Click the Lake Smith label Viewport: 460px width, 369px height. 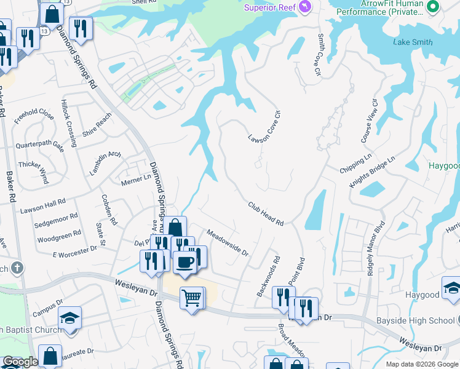(413, 42)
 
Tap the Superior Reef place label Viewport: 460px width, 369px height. (271, 7)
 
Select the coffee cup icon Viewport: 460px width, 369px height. (185, 263)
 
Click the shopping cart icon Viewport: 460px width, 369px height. (192, 298)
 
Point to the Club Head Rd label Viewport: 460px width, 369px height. (266, 213)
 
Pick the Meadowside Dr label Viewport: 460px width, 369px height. (227, 242)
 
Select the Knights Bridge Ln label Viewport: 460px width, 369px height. (372, 172)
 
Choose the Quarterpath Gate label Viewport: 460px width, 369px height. (40, 146)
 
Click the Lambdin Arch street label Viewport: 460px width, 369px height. (105, 163)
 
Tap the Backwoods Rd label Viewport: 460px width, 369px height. (268, 277)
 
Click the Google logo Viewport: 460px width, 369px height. (20, 362)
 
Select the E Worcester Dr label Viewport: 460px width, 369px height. (75, 251)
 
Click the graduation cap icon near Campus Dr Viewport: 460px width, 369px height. (69, 318)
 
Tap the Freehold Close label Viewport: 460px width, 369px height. (34, 115)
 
